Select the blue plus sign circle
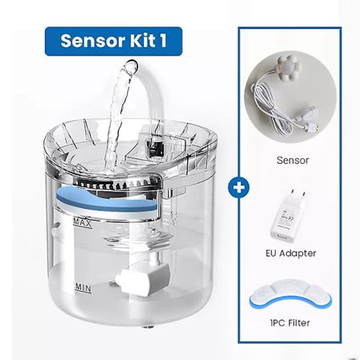pos(239,187)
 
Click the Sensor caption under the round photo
pos(292,160)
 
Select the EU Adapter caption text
pos(291,252)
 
